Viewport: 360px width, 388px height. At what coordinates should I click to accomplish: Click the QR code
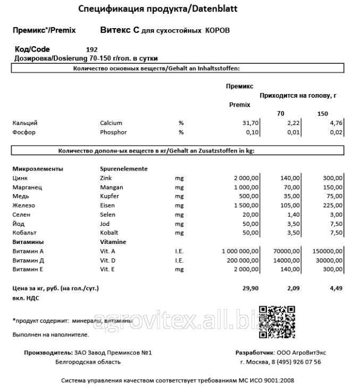pos(277,323)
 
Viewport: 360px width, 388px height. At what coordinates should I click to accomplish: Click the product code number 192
pos(91,50)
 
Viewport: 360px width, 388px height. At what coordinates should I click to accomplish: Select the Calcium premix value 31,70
pos(249,123)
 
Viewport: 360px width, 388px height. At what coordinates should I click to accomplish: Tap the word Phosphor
pos(113,132)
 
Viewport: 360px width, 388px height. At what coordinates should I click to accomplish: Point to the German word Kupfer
pos(110,197)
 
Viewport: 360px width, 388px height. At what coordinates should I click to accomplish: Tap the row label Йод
pos(19,224)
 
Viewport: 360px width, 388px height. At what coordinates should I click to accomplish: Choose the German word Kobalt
pos(109,233)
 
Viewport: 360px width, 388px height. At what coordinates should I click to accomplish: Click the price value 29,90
pos(250,288)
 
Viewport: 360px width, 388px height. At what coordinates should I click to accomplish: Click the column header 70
pos(281,114)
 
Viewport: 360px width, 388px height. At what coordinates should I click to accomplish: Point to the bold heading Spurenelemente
pos(123,168)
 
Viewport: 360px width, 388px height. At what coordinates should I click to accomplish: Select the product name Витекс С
pos(119,30)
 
